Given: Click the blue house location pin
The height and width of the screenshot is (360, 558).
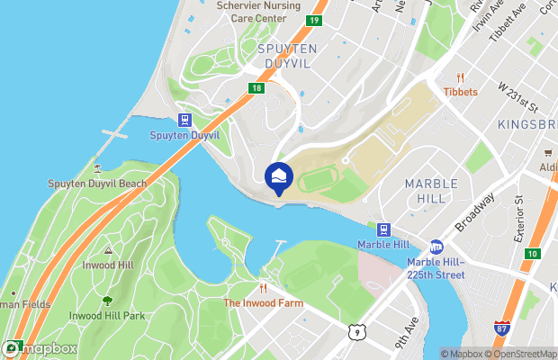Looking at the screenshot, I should (279, 176).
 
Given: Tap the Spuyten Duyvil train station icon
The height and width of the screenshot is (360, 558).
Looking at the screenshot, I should (184, 121).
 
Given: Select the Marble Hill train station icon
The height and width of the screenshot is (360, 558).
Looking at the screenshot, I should (383, 229).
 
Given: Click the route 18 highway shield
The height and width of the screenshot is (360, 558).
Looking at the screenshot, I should (256, 87).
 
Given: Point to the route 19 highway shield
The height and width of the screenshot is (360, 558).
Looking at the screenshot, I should (314, 21).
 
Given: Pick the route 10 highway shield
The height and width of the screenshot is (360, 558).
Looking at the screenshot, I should (533, 255).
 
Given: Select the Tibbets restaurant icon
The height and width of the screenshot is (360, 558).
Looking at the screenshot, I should (461, 77).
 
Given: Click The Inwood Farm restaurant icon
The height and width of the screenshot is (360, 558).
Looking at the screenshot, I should (264, 288).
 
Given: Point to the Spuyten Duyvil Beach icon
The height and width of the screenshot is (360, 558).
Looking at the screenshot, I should (96, 168).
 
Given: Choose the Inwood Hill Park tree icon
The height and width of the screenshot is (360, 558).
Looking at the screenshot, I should (108, 301).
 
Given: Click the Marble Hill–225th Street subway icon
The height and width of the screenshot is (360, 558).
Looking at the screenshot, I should (436, 246).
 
